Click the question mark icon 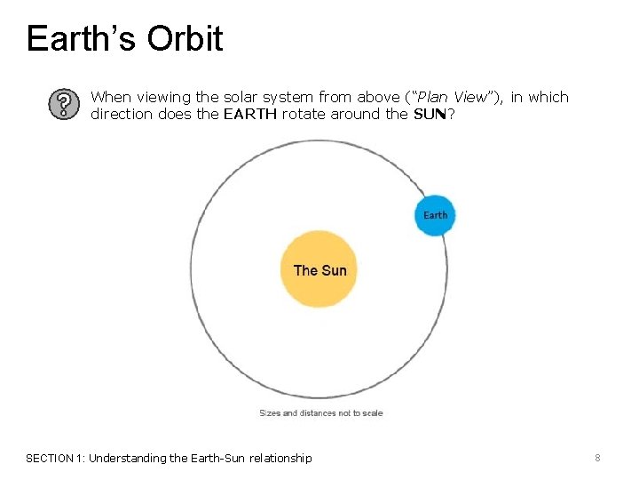61,105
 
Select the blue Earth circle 435,215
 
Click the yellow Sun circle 319,269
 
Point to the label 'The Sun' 319,270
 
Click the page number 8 597,458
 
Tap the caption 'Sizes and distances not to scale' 320,412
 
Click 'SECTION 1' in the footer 55,458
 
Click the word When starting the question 110,97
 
